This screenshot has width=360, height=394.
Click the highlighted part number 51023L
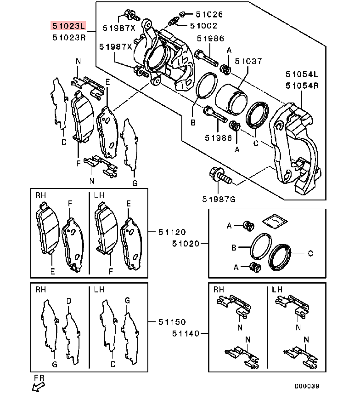[x=68, y=26]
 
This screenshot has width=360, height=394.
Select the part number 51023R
[x=68, y=38]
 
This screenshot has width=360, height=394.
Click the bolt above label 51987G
[x=219, y=176]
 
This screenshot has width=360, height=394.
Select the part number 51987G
[x=218, y=199]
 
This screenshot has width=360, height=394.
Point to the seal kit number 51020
[x=187, y=244]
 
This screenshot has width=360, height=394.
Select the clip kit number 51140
[x=187, y=333]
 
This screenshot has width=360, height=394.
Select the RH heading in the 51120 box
[x=41, y=196]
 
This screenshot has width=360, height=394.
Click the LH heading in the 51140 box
[x=277, y=290]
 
